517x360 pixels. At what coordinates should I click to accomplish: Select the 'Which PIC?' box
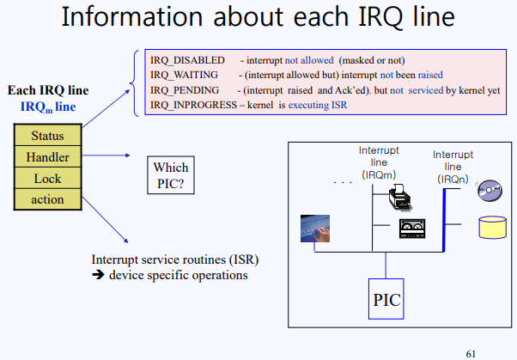tap(170, 174)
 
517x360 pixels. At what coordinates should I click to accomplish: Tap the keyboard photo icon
tap(315, 228)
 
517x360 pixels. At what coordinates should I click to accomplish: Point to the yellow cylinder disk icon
tap(492, 228)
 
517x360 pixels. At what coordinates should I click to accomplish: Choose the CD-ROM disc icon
tap(490, 190)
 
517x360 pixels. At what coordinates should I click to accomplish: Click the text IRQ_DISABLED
tap(187, 60)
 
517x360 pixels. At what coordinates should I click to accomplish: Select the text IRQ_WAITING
tap(184, 75)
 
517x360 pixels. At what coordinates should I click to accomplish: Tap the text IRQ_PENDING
tap(184, 89)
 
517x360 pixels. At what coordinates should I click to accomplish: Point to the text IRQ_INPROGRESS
tap(193, 104)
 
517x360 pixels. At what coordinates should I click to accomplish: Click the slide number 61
tap(470, 352)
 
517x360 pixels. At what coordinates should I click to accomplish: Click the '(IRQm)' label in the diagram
tap(378, 174)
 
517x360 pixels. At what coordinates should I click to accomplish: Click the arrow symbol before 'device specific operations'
tap(98, 276)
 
